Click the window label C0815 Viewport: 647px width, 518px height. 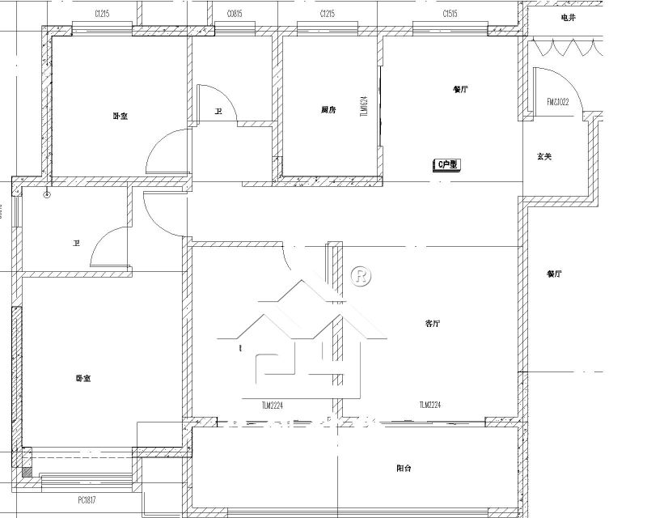[235, 14]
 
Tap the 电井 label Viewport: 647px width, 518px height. [569, 17]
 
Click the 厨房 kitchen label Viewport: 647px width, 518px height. [328, 109]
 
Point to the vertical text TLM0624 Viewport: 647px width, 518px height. [364, 104]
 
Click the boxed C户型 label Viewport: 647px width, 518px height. [447, 164]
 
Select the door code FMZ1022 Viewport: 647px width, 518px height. [558, 102]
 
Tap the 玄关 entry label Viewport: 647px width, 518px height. [543, 156]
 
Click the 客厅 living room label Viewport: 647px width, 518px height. [433, 323]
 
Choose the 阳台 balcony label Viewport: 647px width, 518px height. [404, 468]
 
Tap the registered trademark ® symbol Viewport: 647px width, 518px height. [361, 276]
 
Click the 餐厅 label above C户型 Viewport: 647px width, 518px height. [461, 90]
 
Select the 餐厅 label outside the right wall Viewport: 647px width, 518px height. [553, 274]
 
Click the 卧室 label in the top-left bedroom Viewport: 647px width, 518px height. [120, 116]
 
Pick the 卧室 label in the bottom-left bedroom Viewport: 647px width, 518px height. [82, 378]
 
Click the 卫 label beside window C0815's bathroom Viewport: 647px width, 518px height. [218, 113]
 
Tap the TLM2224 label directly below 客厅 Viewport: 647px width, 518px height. [430, 405]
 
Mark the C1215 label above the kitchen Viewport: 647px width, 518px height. [328, 14]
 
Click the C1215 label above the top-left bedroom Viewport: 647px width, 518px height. [102, 14]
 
